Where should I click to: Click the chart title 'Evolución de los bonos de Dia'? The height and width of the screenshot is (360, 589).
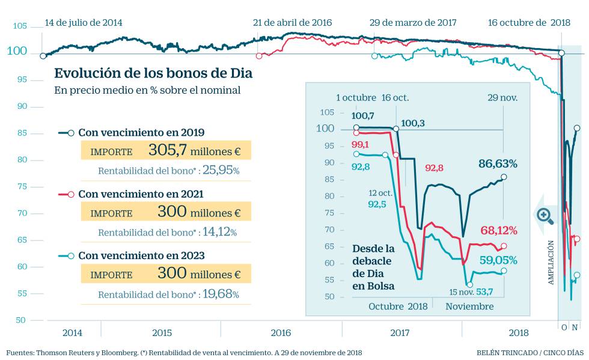click(x=153, y=73)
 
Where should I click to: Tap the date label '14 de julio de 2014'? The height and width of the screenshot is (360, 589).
click(x=83, y=23)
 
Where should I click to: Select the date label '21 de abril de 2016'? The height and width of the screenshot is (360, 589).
click(x=292, y=23)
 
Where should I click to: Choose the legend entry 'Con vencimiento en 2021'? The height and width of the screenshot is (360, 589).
click(x=141, y=194)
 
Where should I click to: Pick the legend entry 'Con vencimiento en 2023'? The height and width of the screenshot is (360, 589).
click(x=141, y=255)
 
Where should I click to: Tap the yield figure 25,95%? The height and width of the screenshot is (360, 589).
click(x=221, y=171)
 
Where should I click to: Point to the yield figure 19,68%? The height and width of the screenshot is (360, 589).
click(x=221, y=294)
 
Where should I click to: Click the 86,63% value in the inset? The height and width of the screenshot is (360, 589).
click(x=498, y=163)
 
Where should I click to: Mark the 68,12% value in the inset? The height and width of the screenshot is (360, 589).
click(x=499, y=230)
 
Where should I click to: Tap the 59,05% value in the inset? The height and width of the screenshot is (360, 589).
click(x=499, y=260)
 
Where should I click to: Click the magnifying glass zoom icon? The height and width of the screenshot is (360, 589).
click(x=545, y=215)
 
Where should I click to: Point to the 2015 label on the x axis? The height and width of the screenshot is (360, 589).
click(x=162, y=332)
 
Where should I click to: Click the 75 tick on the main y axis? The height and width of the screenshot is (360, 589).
click(x=20, y=186)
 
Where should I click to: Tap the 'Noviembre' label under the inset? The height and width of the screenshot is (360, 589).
click(x=469, y=306)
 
